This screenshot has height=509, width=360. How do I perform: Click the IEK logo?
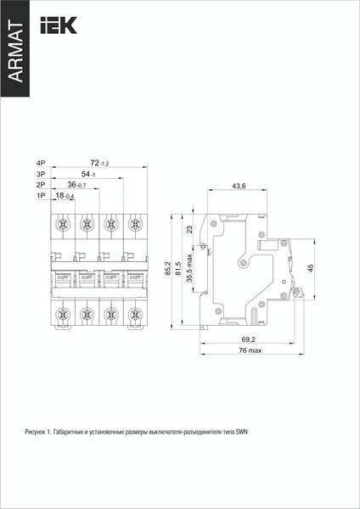coord(59,25)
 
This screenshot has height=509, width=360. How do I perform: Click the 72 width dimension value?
coord(98,163)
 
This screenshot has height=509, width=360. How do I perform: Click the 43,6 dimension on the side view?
coord(239,187)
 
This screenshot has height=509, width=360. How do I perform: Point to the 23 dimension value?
coord(190,229)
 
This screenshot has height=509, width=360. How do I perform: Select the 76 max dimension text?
coord(250,350)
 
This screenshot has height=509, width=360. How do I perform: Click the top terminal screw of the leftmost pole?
coord(61,226)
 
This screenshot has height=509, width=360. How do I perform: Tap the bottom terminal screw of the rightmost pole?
coord(133,315)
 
